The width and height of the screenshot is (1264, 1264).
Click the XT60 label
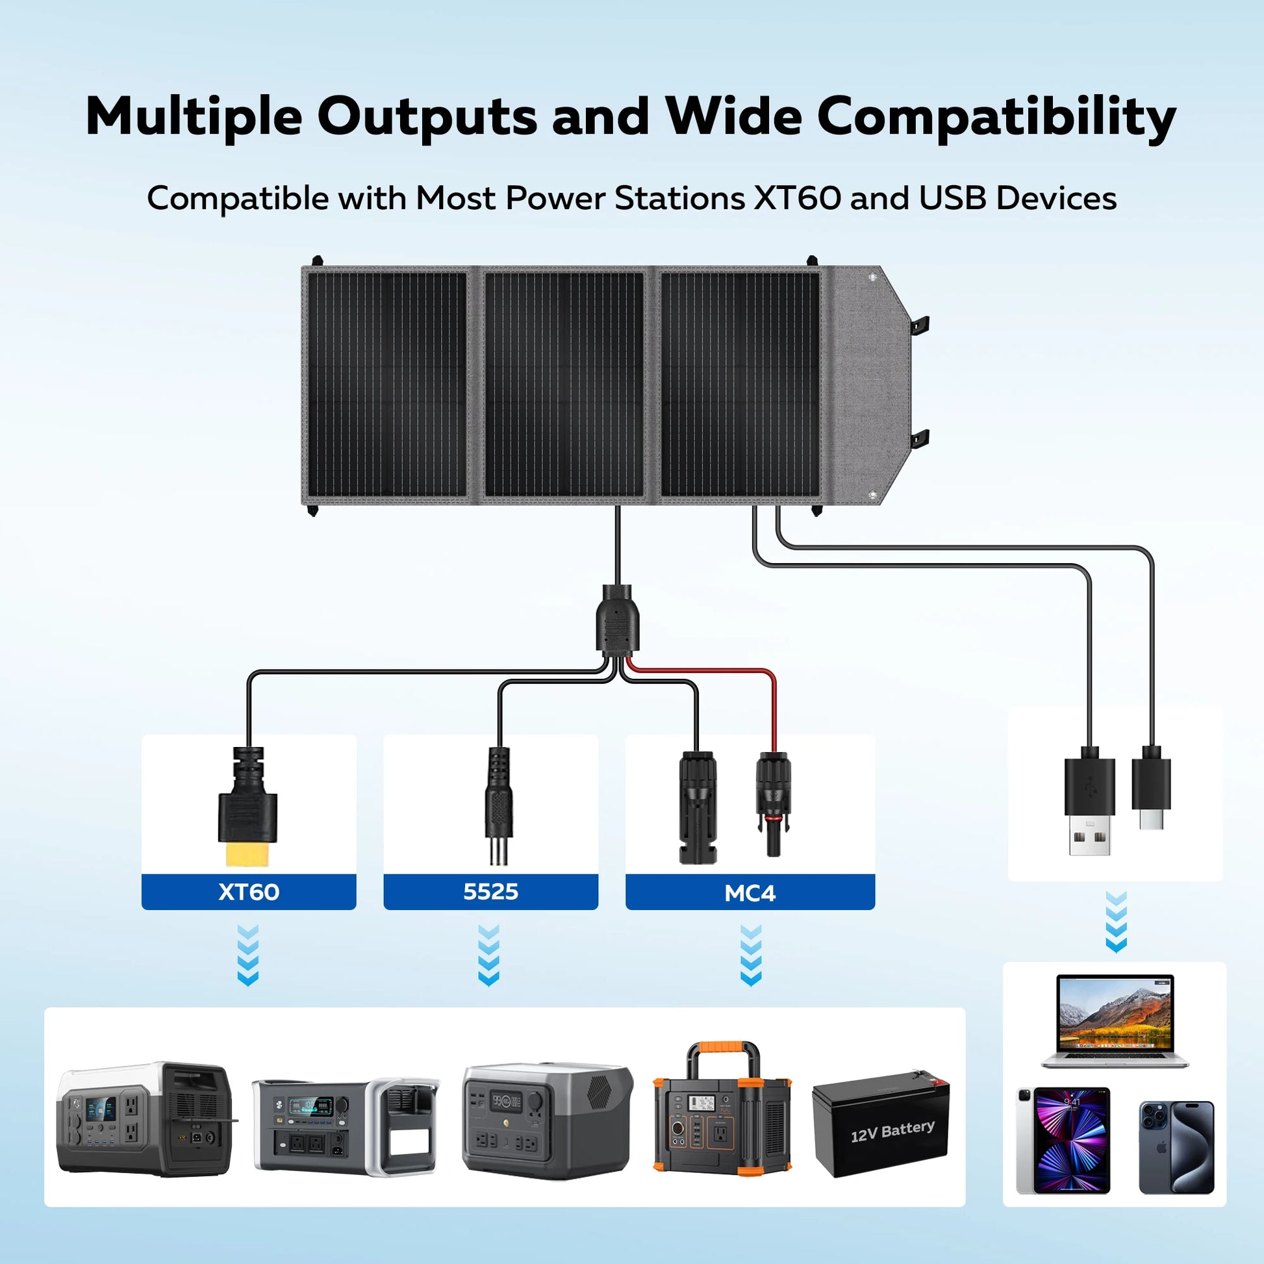tap(249, 892)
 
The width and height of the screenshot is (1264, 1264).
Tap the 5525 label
tap(490, 892)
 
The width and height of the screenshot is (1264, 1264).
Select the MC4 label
tap(750, 893)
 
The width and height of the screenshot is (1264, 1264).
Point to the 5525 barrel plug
tap(498, 805)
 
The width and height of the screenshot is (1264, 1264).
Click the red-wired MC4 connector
tap(774, 805)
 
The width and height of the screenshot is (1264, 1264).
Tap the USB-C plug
tap(1151, 792)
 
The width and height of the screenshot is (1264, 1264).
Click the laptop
tap(1115, 1022)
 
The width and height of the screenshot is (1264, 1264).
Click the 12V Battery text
tap(892, 1130)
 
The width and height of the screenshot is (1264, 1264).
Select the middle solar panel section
tap(564, 385)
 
